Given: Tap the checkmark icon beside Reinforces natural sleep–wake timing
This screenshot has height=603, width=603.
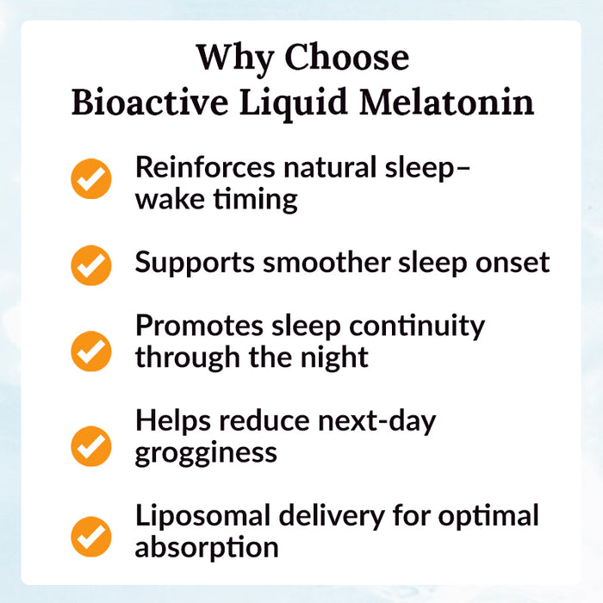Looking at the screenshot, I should tap(91, 179).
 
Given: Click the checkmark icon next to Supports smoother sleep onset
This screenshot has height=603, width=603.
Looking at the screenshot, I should tap(91, 264).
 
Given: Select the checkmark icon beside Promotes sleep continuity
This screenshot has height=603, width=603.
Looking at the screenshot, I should tap(91, 351).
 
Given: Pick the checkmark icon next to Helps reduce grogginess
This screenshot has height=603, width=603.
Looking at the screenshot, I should tap(91, 445).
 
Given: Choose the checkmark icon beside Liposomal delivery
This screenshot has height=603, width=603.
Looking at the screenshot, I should tap(91, 535).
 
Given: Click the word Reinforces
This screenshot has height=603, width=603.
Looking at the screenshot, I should tap(204, 167).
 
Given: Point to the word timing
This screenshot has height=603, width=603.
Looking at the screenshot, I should tap(255, 199).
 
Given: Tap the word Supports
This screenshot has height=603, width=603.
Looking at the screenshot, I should tap(194, 262).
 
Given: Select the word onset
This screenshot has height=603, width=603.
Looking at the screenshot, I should tap(515, 262).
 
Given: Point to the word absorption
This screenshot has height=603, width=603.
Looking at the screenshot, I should tap(206, 547).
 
